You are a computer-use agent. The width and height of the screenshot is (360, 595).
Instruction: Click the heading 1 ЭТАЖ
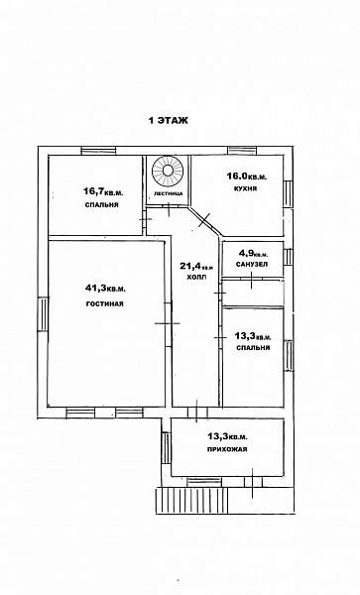coord(168,121)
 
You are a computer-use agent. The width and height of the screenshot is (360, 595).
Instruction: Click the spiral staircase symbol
coord(168,171)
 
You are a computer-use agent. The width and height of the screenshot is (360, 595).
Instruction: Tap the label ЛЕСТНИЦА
coord(168,193)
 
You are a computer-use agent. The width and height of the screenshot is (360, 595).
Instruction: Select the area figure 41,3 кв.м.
coord(105,289)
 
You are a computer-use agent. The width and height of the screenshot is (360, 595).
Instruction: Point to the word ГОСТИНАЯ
coord(105,304)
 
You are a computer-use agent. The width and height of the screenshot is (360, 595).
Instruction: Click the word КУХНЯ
coord(245,188)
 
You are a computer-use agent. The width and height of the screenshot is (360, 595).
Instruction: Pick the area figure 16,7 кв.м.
coord(103,192)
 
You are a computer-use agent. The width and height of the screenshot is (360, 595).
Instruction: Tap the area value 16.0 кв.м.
coord(247,177)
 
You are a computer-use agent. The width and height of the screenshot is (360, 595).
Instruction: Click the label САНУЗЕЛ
coord(252,264)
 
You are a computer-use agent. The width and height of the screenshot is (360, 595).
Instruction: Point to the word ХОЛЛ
coord(197,277)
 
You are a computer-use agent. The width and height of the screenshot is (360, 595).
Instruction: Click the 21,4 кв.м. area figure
coord(196,266)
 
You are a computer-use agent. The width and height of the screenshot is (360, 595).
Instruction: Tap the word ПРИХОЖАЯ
coord(227,449)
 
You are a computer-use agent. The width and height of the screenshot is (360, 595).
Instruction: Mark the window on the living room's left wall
coord(43,314)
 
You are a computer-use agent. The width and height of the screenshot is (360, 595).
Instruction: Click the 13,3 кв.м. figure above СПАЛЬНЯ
coord(253,336)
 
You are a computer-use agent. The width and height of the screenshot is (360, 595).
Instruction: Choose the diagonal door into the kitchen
coord(205,221)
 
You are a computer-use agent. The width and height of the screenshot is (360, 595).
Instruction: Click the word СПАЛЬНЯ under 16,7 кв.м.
coord(102,205)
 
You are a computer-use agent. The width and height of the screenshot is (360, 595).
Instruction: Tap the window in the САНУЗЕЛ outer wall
coord(289,257)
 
